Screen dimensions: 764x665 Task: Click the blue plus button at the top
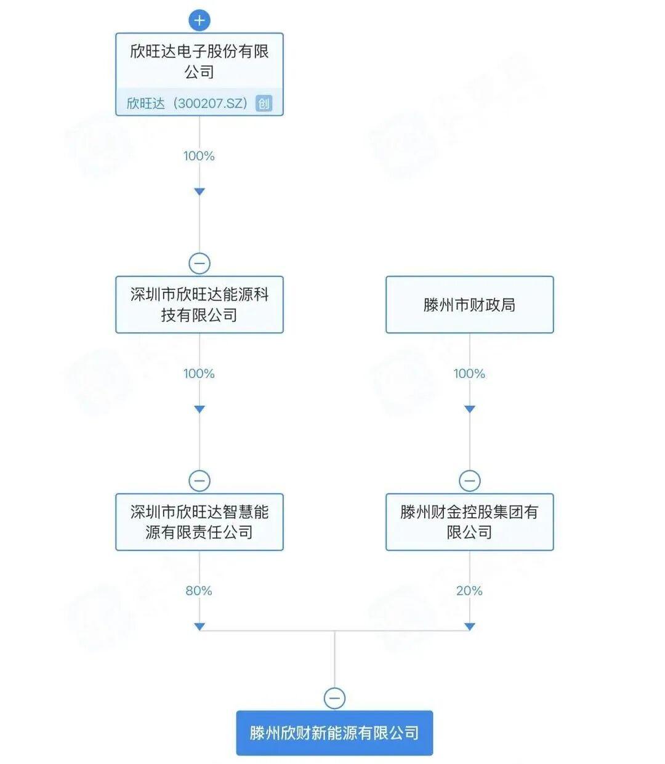[199, 20]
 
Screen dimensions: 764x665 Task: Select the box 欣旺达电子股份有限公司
[199, 62]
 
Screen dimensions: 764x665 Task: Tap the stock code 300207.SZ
[211, 103]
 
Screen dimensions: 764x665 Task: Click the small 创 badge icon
[264, 103]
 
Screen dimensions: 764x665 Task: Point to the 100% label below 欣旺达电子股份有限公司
[199, 156]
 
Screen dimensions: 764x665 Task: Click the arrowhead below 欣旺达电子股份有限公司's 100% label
[199, 192]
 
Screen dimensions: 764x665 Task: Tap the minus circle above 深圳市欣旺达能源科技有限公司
[199, 263]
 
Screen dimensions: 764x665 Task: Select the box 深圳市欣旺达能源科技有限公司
[199, 305]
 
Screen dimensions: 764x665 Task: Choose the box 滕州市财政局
[469, 305]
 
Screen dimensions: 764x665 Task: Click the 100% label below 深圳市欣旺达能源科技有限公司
[199, 374]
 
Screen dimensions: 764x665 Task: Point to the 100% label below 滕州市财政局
[469, 374]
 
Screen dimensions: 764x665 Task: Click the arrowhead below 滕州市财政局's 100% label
[469, 409]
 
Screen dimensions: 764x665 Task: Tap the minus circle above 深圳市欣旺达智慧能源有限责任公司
[199, 481]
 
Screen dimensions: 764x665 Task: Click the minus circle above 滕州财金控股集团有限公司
[469, 481]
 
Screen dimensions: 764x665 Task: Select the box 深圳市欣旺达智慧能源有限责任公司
[199, 522]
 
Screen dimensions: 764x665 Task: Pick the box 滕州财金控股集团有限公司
[469, 522]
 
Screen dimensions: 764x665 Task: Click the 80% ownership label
[199, 591]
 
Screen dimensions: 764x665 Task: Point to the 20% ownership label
[469, 591]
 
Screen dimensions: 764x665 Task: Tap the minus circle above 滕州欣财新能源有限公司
[334, 698]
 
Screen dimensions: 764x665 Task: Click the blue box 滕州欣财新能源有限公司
[334, 733]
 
